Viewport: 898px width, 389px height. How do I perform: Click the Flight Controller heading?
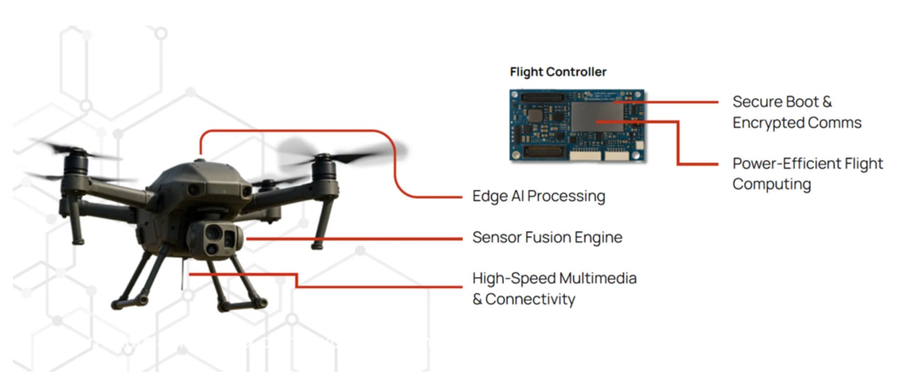tap(558, 72)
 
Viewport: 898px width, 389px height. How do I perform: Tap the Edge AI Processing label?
tap(538, 196)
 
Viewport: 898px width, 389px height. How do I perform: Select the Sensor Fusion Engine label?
tap(547, 237)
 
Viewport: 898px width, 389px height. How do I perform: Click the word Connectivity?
tap(530, 299)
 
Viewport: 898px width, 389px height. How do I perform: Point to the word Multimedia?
tap(598, 278)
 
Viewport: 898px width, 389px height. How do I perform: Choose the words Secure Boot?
tap(776, 102)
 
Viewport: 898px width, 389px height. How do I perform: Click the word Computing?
tap(772, 184)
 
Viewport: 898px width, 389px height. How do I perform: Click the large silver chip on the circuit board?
tap(597, 117)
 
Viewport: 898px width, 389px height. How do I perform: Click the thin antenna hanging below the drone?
tap(182, 276)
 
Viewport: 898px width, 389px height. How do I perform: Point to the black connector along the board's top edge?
tap(543, 97)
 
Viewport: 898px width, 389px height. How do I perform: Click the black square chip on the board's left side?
tap(534, 116)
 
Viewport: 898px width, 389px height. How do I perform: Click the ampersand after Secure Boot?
tap(827, 102)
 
